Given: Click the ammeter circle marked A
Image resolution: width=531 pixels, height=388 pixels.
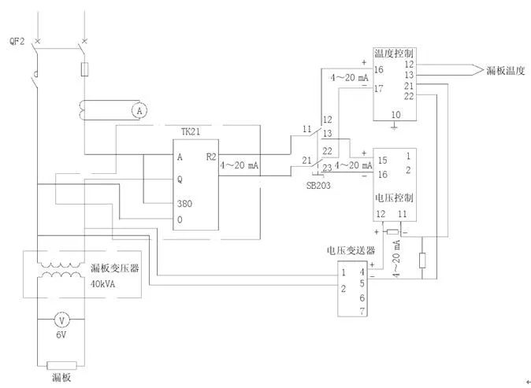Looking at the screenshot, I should (140, 111).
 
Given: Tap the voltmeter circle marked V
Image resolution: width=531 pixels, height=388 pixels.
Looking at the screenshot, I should (61, 321).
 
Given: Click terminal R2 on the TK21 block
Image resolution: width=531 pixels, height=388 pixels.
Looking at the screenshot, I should (211, 157).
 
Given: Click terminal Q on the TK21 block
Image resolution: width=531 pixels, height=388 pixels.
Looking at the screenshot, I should (180, 179).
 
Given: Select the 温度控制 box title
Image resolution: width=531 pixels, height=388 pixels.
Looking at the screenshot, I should (394, 53).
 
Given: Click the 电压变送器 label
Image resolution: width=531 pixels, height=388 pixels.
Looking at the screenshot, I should (351, 250).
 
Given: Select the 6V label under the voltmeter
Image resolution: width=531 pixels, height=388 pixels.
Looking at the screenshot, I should (61, 337).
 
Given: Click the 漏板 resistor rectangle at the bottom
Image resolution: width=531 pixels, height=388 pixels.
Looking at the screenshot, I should (61, 365).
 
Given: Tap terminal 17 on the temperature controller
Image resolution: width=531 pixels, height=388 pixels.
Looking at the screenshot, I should (379, 89).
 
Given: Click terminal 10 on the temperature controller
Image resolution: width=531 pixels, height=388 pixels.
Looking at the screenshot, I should (395, 115).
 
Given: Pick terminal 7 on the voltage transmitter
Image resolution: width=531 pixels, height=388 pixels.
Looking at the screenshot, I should (362, 312).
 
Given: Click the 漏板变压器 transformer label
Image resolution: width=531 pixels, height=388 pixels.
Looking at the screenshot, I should (114, 268).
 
